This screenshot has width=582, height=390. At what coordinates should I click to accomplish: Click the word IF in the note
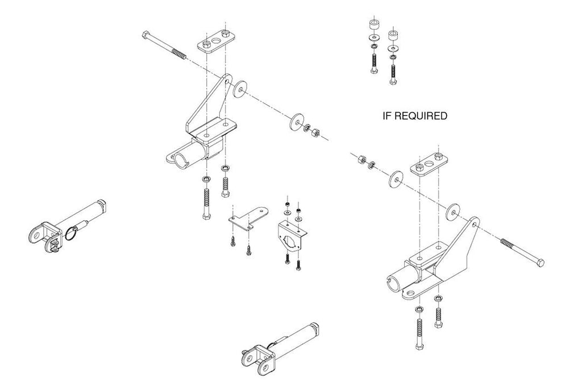pyautogui.click(x=386, y=116)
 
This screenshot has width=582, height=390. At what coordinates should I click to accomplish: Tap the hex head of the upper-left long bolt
pyautogui.click(x=146, y=35)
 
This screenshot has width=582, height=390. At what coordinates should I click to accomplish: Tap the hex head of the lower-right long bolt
pyautogui.click(x=540, y=262)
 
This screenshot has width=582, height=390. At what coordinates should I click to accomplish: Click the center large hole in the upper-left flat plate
pyautogui.click(x=215, y=40)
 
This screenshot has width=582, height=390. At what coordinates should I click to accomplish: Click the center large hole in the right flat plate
pyautogui.click(x=429, y=163)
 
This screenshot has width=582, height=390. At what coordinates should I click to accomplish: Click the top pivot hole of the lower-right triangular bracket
pyautogui.click(x=475, y=225)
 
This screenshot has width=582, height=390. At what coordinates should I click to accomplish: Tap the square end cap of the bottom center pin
pyautogui.click(x=315, y=327)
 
